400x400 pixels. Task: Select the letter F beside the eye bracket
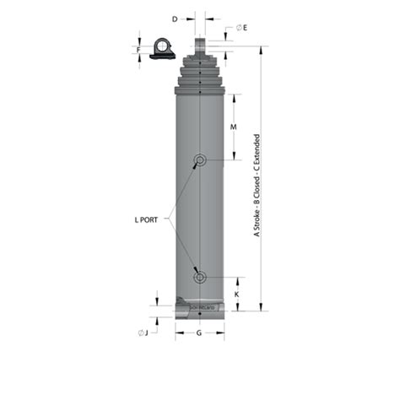point(139,49)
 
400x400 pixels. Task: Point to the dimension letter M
point(233,127)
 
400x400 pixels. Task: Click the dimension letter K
point(236,294)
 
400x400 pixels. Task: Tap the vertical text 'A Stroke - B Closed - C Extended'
point(257,186)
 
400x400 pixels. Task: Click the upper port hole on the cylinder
point(200,160)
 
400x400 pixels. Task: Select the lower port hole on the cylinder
point(200,276)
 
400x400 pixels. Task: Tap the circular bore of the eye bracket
point(160,46)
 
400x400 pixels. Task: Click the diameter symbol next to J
point(139,332)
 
